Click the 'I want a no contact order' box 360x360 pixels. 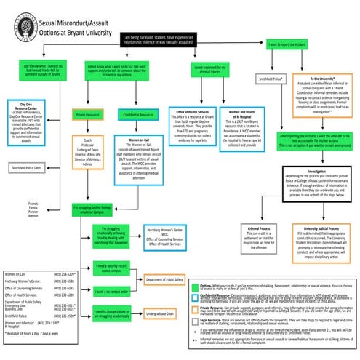(x=113, y=292)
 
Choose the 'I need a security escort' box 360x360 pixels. (x=113, y=269)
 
